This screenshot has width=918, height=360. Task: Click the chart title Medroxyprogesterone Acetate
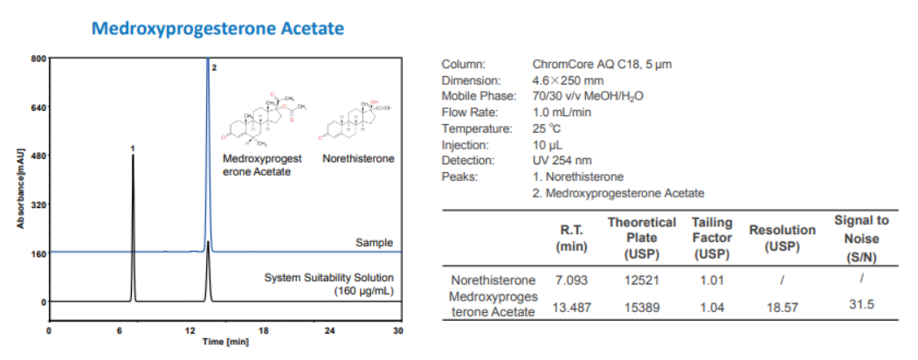(217, 29)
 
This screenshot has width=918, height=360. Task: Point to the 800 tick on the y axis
(38, 59)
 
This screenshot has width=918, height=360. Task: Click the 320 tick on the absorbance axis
(38, 205)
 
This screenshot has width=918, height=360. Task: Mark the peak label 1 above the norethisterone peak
(132, 149)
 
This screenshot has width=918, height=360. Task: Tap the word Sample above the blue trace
(374, 242)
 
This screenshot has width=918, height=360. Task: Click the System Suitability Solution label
(328, 278)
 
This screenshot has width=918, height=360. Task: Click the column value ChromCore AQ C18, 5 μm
(602, 64)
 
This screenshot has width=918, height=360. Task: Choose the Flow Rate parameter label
(470, 112)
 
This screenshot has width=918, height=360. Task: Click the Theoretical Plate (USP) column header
(641, 238)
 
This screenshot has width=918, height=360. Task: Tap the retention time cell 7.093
(572, 280)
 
